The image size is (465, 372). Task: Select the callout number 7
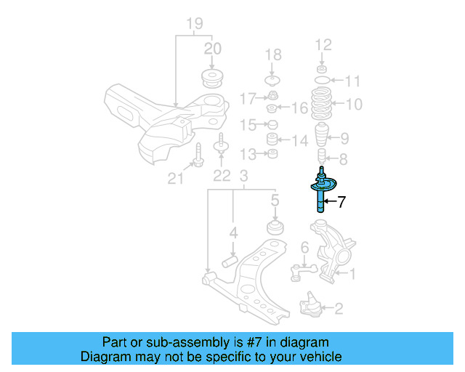[x=341, y=203]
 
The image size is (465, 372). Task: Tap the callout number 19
[x=193, y=24]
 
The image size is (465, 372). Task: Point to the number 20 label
[x=212, y=49]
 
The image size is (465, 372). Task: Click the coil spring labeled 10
[x=321, y=105]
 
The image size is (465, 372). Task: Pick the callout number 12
[x=323, y=44]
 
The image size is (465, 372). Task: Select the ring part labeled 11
[x=321, y=78]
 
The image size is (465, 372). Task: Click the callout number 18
[x=272, y=54]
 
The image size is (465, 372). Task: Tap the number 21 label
[x=175, y=177]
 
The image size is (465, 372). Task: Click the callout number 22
[x=221, y=175]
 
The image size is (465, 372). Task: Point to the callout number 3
[x=244, y=175]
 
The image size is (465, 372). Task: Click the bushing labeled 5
[x=275, y=228]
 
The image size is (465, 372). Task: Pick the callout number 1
[x=354, y=274]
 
